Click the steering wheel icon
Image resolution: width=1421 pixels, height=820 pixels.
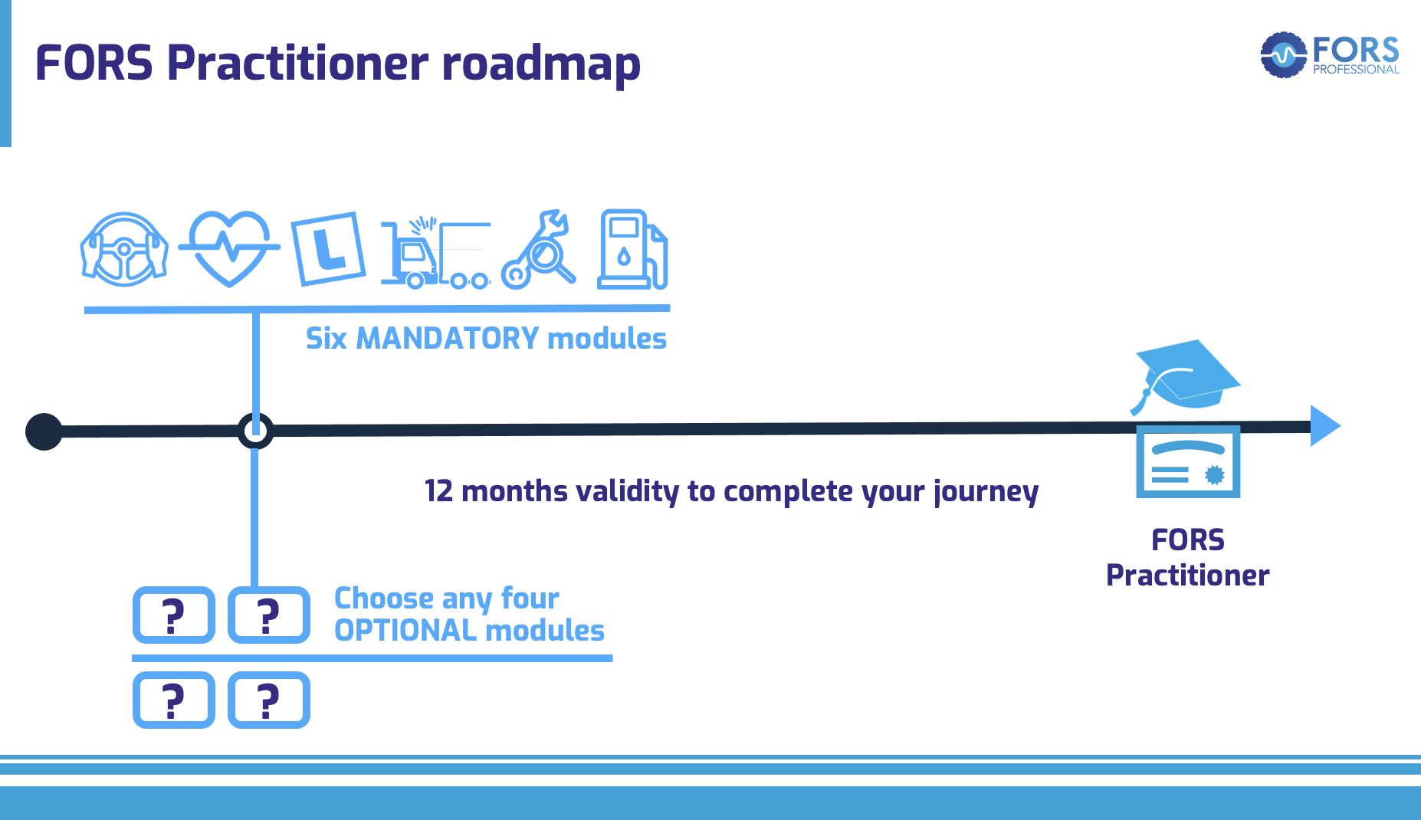[124, 250]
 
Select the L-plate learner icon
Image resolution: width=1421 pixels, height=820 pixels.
[328, 248]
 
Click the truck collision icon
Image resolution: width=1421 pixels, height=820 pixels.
[435, 253]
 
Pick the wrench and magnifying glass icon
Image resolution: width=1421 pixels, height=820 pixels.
[539, 251]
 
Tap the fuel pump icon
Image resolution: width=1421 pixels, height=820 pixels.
[632, 250]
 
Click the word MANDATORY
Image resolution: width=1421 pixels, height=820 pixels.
[448, 338]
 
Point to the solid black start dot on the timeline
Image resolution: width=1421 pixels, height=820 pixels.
[44, 431]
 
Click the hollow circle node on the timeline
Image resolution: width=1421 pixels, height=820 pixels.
[254, 431]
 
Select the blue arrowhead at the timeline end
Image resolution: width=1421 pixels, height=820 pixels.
[1324, 426]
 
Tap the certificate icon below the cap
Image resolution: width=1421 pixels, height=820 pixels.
[1187, 462]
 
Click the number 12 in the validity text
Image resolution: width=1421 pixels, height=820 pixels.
[438, 491]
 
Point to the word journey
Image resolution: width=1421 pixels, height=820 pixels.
[986, 492]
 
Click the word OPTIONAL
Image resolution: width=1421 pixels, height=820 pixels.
[405, 631]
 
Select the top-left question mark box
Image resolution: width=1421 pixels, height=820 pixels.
[174, 615]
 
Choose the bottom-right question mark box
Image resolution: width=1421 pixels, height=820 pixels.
[269, 700]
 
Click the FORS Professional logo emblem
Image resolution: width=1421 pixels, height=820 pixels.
[1284, 54]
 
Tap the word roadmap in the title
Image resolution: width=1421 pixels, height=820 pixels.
[540, 64]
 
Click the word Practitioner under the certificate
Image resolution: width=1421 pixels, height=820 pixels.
[1187, 576]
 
